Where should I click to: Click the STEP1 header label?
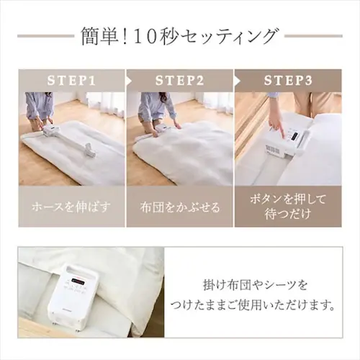click(x=71, y=81)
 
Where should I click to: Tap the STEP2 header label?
click(x=180, y=81)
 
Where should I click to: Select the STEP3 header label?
click(x=288, y=81)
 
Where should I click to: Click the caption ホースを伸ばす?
click(x=71, y=207)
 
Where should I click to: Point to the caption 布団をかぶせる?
click(x=180, y=207)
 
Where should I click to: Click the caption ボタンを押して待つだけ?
click(x=288, y=207)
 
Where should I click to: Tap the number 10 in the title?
click(x=147, y=37)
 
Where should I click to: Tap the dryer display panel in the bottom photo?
click(x=77, y=280)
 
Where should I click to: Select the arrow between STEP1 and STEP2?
click(x=128, y=81)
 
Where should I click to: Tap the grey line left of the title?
click(x=45, y=36)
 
